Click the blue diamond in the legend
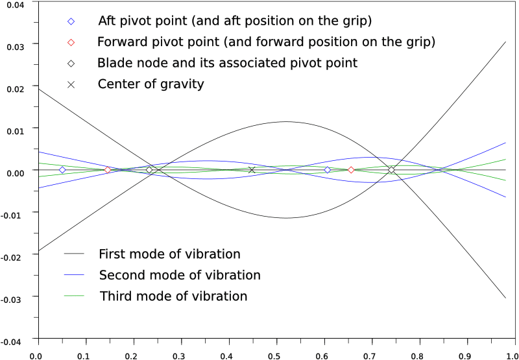click(x=71, y=21)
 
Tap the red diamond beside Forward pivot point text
click(x=71, y=42)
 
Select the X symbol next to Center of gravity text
click(x=71, y=84)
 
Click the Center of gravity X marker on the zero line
click(x=252, y=170)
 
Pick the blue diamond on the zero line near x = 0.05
click(x=62, y=170)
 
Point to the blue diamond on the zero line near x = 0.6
click(x=328, y=170)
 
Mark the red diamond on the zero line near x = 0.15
click(x=108, y=170)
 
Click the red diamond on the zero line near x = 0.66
click(x=351, y=170)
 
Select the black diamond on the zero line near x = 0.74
click(x=391, y=170)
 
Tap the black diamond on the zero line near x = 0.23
click(x=149, y=170)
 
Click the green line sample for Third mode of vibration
click(x=75, y=296)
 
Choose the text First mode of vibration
click(x=169, y=254)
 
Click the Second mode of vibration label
click(x=180, y=275)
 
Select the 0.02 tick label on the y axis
click(x=15, y=88)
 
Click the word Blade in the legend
click(x=114, y=63)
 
